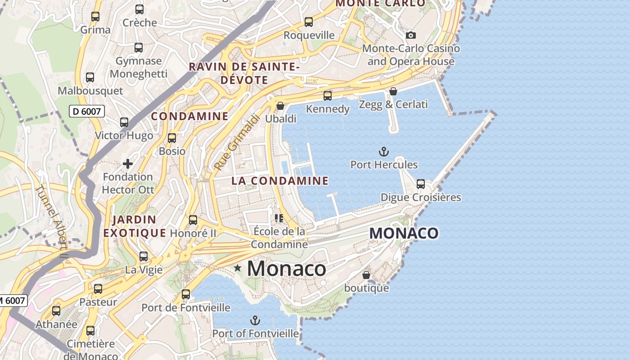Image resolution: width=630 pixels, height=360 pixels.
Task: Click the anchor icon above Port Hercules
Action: pos(384,152)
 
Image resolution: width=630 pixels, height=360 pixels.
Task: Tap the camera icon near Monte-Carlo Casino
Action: pos(410,35)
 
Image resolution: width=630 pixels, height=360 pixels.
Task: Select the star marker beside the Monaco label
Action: pos(238,269)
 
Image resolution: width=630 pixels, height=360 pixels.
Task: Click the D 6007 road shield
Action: pos(87,111)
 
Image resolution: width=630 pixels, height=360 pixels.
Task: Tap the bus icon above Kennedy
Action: pos(328,96)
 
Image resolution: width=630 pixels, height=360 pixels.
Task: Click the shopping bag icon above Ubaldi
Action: pos(280,106)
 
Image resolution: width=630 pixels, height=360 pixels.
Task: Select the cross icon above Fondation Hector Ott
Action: pos(128,164)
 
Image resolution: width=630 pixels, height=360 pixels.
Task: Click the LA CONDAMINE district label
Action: pos(280,181)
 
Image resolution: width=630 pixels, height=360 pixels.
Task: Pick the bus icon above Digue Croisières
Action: pos(421,184)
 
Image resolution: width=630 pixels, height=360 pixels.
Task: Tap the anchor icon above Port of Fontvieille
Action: pos(255,320)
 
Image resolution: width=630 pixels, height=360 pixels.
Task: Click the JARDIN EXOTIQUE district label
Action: pos(134,226)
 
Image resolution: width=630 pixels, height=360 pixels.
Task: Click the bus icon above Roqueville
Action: pos(309,22)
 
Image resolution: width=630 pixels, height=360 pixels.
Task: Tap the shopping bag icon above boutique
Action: pos(366,274)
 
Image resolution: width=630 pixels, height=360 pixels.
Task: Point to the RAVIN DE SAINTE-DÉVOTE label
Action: pos(244,73)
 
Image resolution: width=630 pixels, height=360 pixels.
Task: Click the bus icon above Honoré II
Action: pos(193,220)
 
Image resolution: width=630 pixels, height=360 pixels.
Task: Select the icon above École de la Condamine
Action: pos(279,218)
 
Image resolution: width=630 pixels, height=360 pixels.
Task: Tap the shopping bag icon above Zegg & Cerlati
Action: pos(393,91)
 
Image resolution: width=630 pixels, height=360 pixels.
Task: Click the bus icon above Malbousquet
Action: pos(90,77)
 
